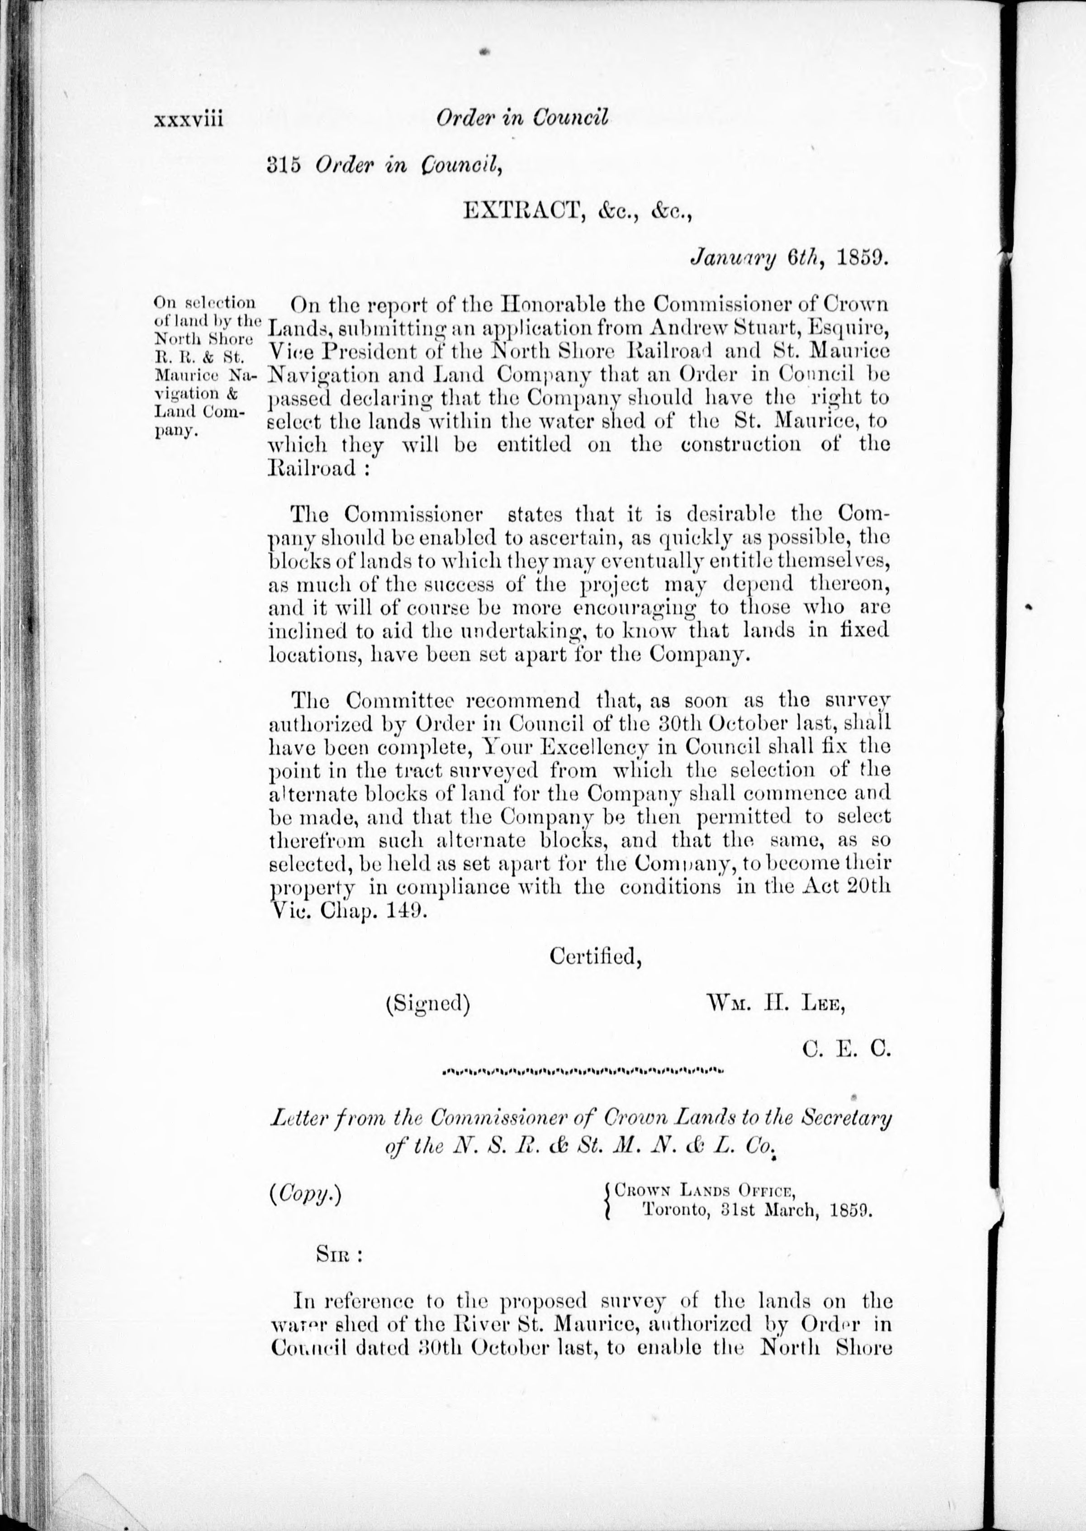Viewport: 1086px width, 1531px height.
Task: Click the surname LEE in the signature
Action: tap(826, 1005)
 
